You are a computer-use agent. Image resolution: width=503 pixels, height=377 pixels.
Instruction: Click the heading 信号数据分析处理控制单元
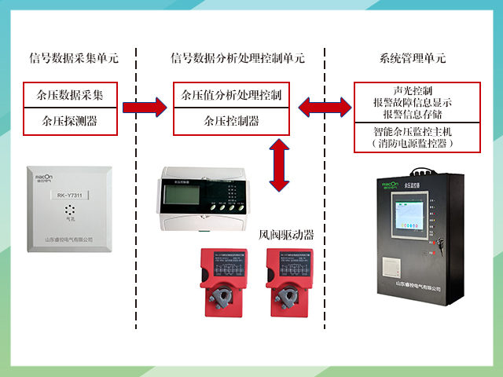pos(237,57)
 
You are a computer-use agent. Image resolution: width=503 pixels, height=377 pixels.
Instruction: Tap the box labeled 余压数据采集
pos(70,95)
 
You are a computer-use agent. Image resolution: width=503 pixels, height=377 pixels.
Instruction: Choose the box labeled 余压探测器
pos(70,121)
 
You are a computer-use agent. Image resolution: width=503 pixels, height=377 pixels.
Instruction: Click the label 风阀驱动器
pos(286,234)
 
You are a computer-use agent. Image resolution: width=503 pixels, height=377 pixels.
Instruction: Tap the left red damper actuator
pos(222,286)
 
